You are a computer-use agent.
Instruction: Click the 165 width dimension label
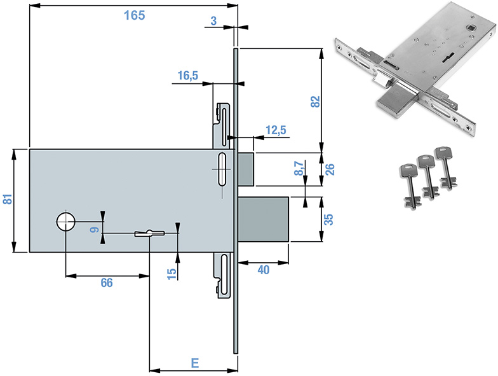(x=134, y=15)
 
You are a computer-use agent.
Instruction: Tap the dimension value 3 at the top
(x=213, y=22)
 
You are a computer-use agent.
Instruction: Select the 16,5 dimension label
(x=188, y=75)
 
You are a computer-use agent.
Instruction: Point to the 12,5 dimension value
(x=276, y=130)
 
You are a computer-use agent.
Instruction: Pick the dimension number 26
(x=330, y=169)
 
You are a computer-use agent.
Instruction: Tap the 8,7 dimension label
(x=299, y=169)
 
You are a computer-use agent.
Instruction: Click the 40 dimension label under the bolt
(x=263, y=270)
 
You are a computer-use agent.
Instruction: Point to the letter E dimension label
(x=194, y=363)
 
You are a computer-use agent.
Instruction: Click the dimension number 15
(x=171, y=273)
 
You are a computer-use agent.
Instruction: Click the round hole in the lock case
(x=65, y=222)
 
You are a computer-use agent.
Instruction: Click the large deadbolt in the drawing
(x=264, y=219)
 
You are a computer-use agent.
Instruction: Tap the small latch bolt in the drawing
(x=246, y=169)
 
